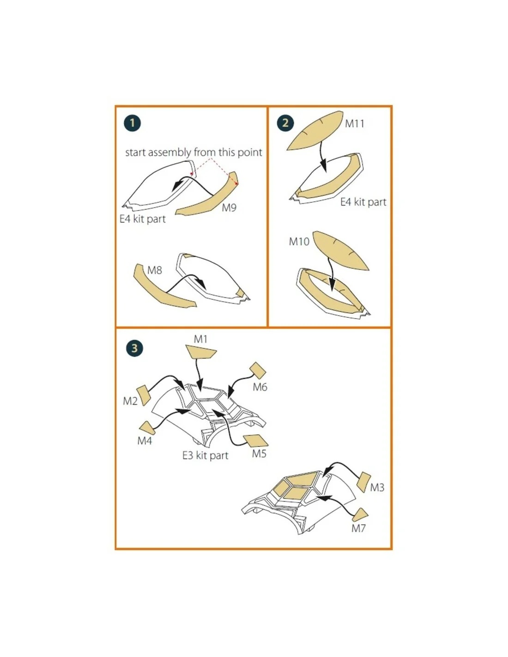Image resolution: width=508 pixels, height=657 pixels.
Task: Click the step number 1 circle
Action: [132, 123]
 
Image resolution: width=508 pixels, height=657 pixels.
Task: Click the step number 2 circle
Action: [285, 123]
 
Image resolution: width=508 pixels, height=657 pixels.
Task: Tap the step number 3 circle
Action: [134, 348]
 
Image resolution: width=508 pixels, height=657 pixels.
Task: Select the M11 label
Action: [355, 124]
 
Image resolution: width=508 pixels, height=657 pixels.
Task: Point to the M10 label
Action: [299, 242]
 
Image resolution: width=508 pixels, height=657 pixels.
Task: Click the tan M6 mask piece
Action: [258, 370]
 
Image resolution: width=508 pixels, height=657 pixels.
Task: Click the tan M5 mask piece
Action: [255, 441]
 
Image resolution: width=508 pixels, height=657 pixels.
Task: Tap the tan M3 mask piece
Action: [363, 482]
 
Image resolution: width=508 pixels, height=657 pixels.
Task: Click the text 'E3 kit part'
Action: [205, 456]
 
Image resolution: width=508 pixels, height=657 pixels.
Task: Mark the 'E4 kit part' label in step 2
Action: [363, 202]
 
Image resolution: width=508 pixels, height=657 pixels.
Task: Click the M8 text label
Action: [154, 270]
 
